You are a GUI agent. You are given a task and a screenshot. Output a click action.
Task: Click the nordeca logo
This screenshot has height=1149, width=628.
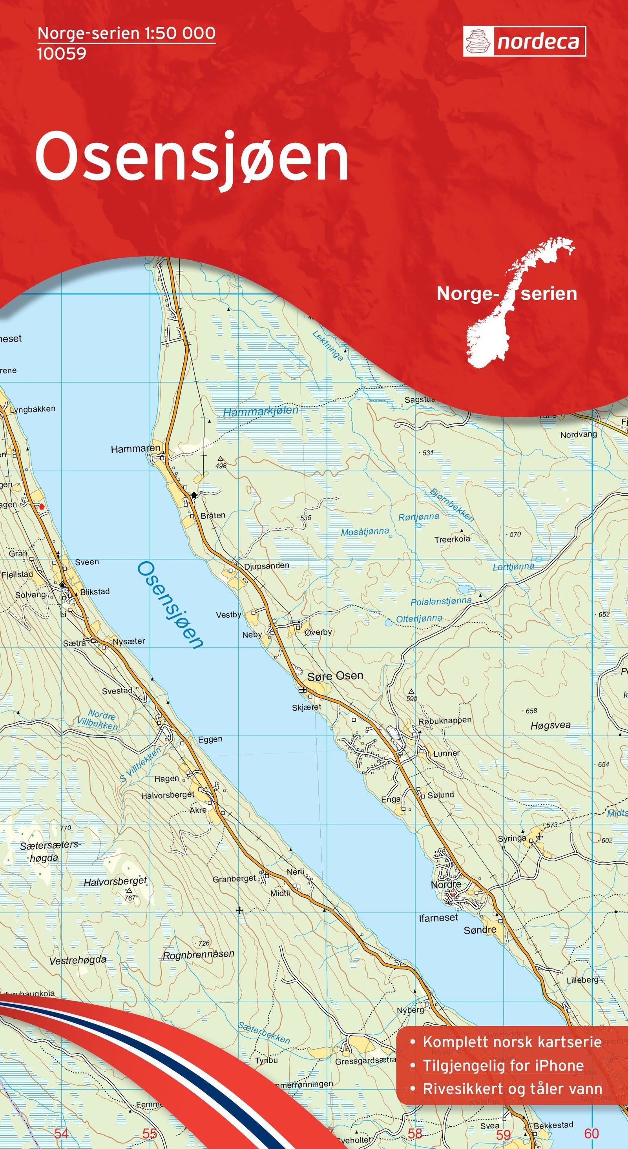524,42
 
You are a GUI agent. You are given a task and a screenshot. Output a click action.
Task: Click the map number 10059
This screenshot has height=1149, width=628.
62,53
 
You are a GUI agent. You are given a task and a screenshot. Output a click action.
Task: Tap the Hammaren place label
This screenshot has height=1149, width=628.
135,448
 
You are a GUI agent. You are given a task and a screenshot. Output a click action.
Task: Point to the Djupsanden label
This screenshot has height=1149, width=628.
266,565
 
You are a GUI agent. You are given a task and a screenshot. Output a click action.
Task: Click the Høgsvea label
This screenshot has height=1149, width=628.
550,726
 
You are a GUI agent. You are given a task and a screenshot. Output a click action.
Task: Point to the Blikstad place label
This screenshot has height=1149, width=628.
95,591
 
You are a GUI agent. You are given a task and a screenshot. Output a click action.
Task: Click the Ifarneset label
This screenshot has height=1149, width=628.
438,918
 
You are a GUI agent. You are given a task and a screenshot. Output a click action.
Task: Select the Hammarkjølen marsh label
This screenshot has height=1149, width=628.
261,411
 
